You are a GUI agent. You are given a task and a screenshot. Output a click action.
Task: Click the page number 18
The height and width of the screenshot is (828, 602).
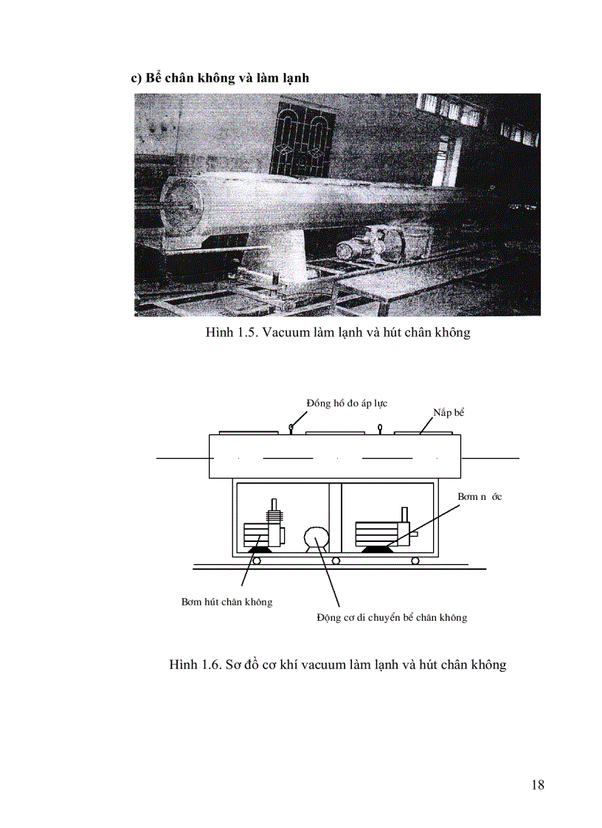[537, 784]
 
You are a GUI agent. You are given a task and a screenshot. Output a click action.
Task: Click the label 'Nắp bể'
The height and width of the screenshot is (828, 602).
[449, 412]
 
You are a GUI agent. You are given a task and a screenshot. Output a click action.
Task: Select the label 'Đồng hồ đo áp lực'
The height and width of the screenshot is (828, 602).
[347, 403]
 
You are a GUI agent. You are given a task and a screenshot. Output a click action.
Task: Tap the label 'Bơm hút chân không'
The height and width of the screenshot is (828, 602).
[226, 602]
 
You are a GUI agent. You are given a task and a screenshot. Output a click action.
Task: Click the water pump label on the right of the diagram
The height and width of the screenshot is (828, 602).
[480, 497]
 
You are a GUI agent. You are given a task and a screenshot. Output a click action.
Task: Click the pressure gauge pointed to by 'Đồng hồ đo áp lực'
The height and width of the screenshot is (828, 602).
[292, 426]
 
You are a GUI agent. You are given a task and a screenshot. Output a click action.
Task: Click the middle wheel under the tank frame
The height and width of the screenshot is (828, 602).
[336, 561]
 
